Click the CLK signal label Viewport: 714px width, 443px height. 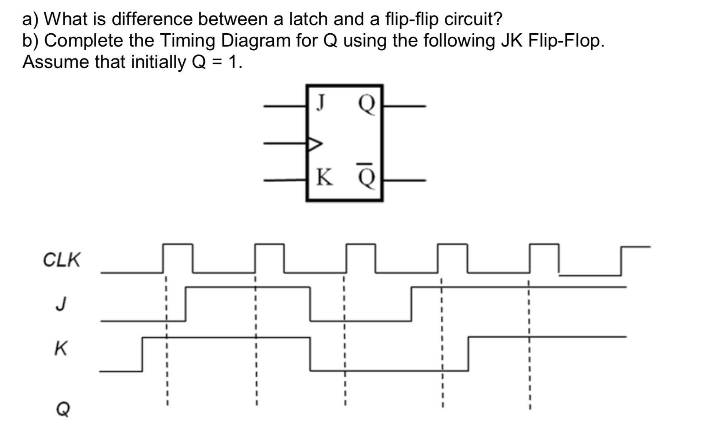click(x=61, y=260)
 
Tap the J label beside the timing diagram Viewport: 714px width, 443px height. click(x=61, y=304)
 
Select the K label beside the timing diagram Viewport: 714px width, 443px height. click(x=61, y=348)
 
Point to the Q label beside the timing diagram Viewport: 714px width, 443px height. click(x=63, y=409)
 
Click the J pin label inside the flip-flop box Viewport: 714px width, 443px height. click(x=321, y=102)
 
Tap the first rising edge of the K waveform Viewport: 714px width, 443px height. click(x=143, y=354)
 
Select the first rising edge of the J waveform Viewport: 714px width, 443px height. click(x=186, y=304)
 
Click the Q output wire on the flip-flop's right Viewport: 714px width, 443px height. click(x=404, y=106)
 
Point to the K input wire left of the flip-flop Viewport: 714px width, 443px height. click(x=284, y=180)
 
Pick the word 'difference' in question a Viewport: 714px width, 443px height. click(x=152, y=19)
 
